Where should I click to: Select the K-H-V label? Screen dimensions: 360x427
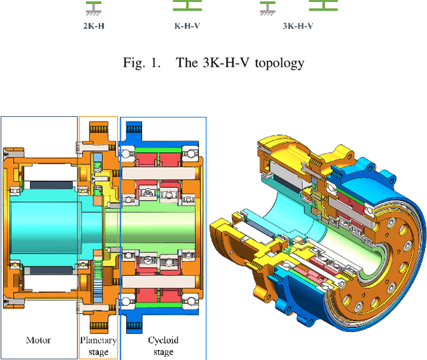pos(187,27)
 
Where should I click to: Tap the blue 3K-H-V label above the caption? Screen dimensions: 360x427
pos(298,27)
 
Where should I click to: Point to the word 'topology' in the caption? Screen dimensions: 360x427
pos(282,64)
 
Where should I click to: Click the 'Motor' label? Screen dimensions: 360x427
pos(38,340)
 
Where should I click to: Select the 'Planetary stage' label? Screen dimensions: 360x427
pos(98,345)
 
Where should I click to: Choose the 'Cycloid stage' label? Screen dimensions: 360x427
pos(163,345)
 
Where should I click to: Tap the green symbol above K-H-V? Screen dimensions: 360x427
pos(187,6)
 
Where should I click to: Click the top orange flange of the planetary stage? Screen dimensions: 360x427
pos(98,128)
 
